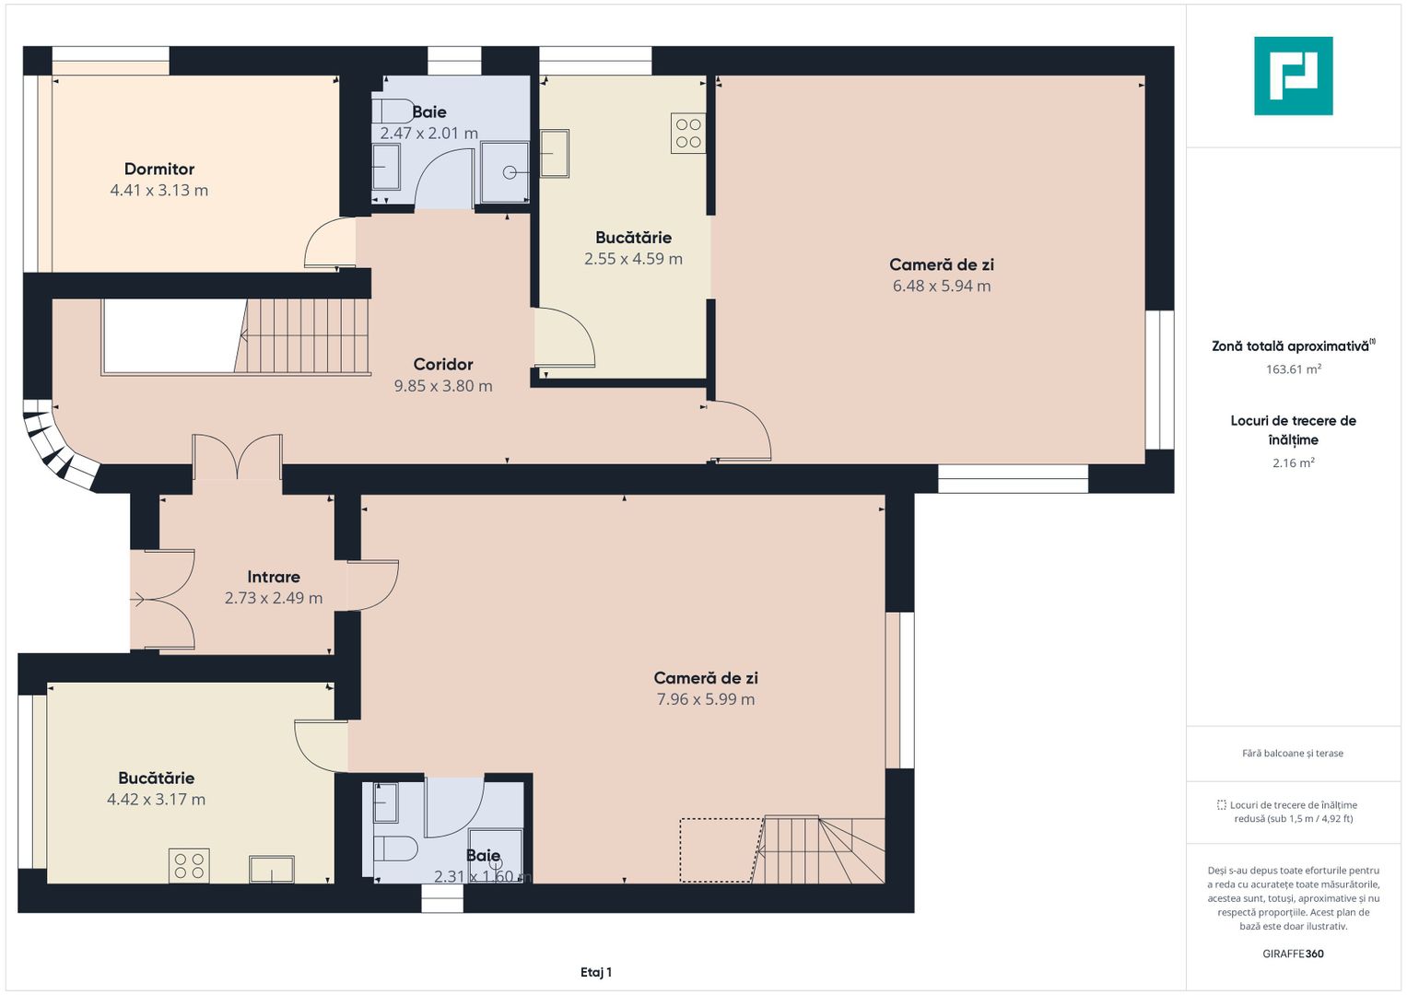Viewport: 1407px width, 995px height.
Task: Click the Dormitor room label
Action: [158, 169]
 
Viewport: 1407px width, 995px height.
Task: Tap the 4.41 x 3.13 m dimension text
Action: [158, 191]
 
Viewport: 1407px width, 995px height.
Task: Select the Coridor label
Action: [443, 364]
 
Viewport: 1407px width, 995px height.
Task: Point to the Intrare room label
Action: [274, 577]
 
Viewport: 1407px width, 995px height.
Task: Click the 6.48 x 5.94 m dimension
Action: [942, 286]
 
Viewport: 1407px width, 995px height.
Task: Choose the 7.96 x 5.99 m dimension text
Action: [706, 699]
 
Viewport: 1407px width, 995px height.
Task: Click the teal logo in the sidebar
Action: [1294, 76]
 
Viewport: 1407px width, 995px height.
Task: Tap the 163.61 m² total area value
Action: [1294, 369]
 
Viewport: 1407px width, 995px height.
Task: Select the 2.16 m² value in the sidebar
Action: [1294, 462]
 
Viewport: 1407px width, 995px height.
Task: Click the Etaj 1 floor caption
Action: [596, 972]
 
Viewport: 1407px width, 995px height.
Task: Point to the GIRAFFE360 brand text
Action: [1294, 954]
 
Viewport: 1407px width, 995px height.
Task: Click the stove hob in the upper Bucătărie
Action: [688, 134]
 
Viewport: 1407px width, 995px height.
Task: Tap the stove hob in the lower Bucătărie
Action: [189, 865]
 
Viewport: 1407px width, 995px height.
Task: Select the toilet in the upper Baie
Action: [393, 110]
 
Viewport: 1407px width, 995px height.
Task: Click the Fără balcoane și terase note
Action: [1293, 754]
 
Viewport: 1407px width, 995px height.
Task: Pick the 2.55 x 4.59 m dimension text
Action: [633, 259]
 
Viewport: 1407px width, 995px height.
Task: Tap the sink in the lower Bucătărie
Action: [271, 870]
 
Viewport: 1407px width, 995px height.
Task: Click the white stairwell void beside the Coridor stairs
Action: [172, 336]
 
